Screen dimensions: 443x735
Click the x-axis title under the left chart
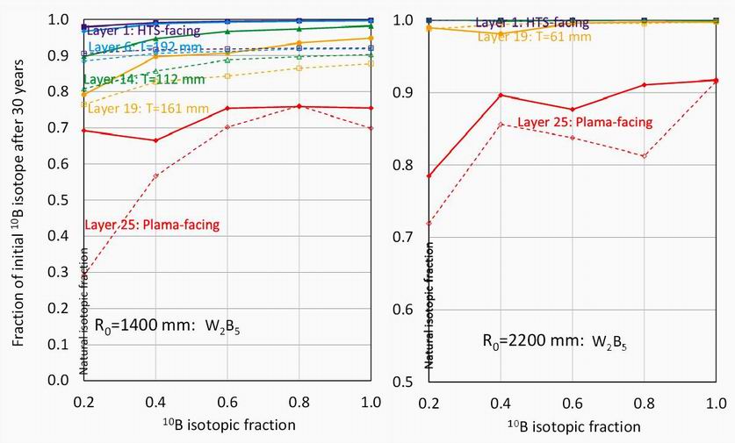[x=224, y=424]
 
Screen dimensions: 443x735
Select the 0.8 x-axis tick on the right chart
[x=645, y=402]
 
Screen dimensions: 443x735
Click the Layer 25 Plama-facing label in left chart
[x=152, y=225]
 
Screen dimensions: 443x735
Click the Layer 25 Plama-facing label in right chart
[x=585, y=122]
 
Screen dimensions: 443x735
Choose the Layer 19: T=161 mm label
[x=140, y=109]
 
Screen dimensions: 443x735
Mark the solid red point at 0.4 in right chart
[x=500, y=95]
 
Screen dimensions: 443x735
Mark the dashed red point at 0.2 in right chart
[x=429, y=223]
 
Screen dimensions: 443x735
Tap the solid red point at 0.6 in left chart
[x=228, y=108]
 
